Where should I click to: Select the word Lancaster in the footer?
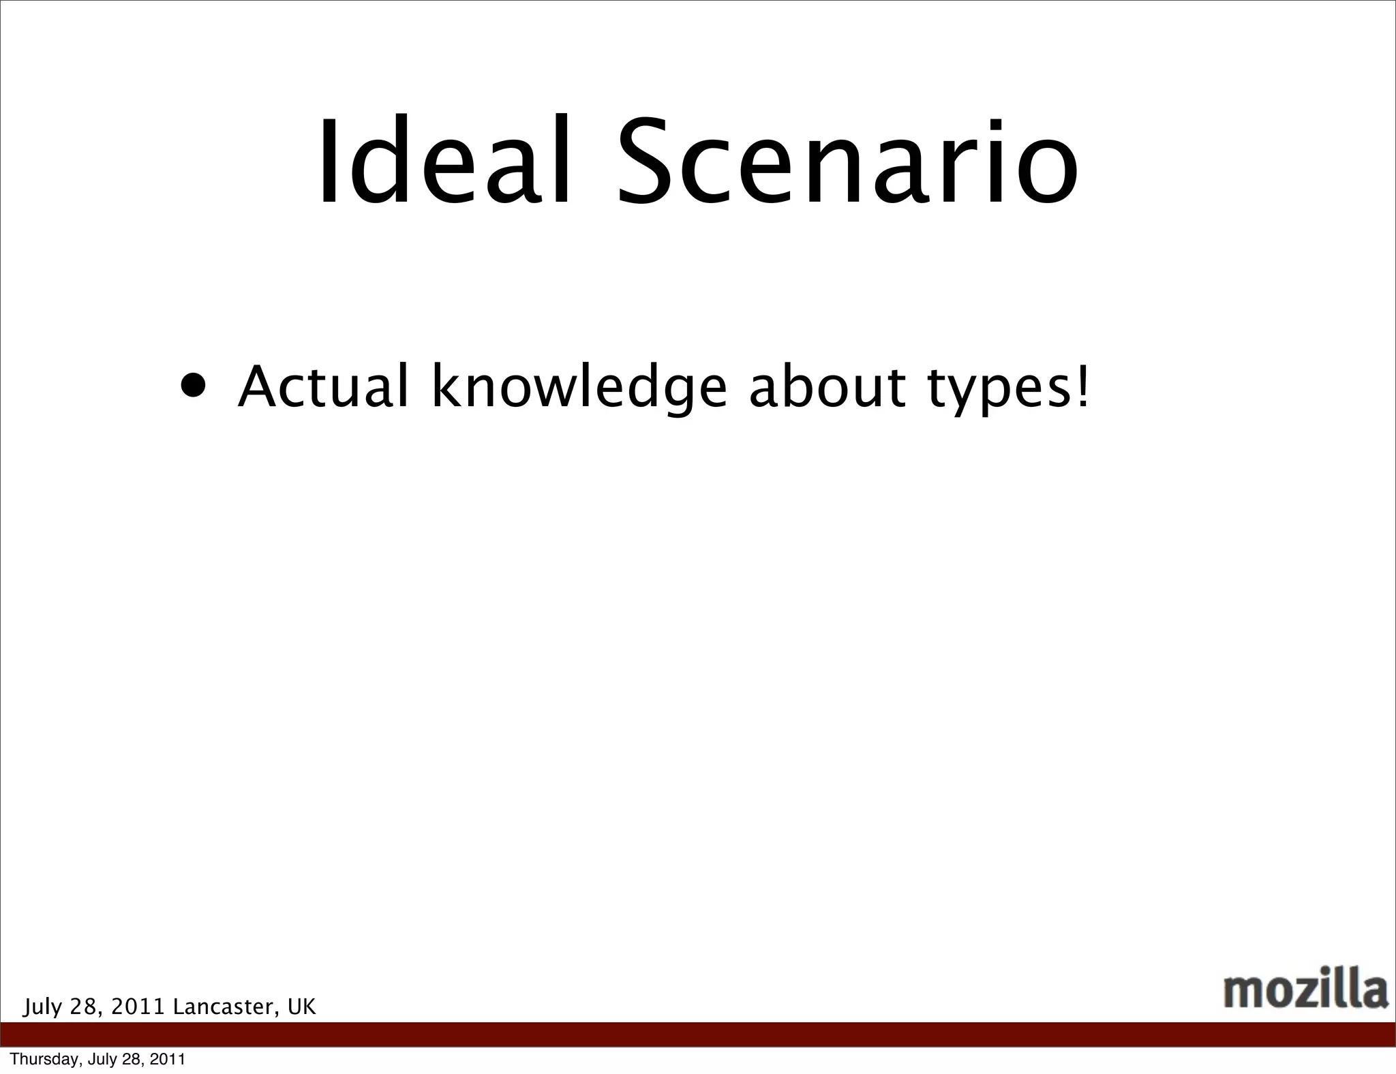point(226,1007)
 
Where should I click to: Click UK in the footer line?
point(302,1007)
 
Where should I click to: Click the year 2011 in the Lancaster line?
point(138,1007)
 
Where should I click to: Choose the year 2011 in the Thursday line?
point(168,1059)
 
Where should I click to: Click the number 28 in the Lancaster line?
point(87,1007)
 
